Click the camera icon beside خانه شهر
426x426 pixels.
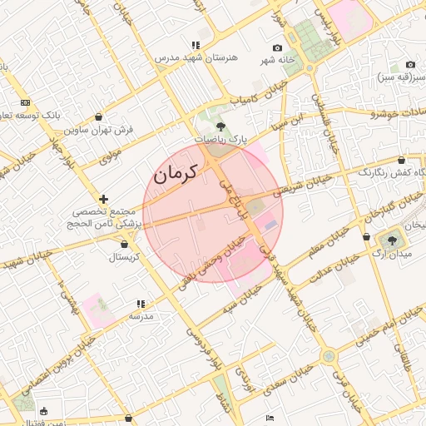click(x=277, y=48)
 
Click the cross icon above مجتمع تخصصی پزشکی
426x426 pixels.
click(x=103, y=199)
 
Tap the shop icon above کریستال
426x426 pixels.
click(x=125, y=245)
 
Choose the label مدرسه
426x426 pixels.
click(x=141, y=317)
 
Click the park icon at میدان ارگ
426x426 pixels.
click(x=392, y=239)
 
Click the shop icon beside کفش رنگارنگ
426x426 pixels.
click(x=402, y=160)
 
